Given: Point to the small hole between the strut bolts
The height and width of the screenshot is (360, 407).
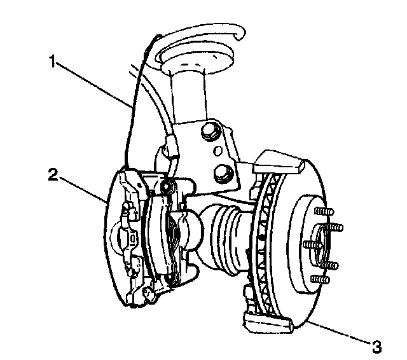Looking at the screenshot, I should pos(216,152).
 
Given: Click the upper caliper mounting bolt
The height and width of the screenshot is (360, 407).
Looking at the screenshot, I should pos(168,186).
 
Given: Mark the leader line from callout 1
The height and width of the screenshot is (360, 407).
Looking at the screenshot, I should pos(95,83).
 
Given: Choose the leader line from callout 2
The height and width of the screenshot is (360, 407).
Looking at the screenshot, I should pos(83,188).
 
